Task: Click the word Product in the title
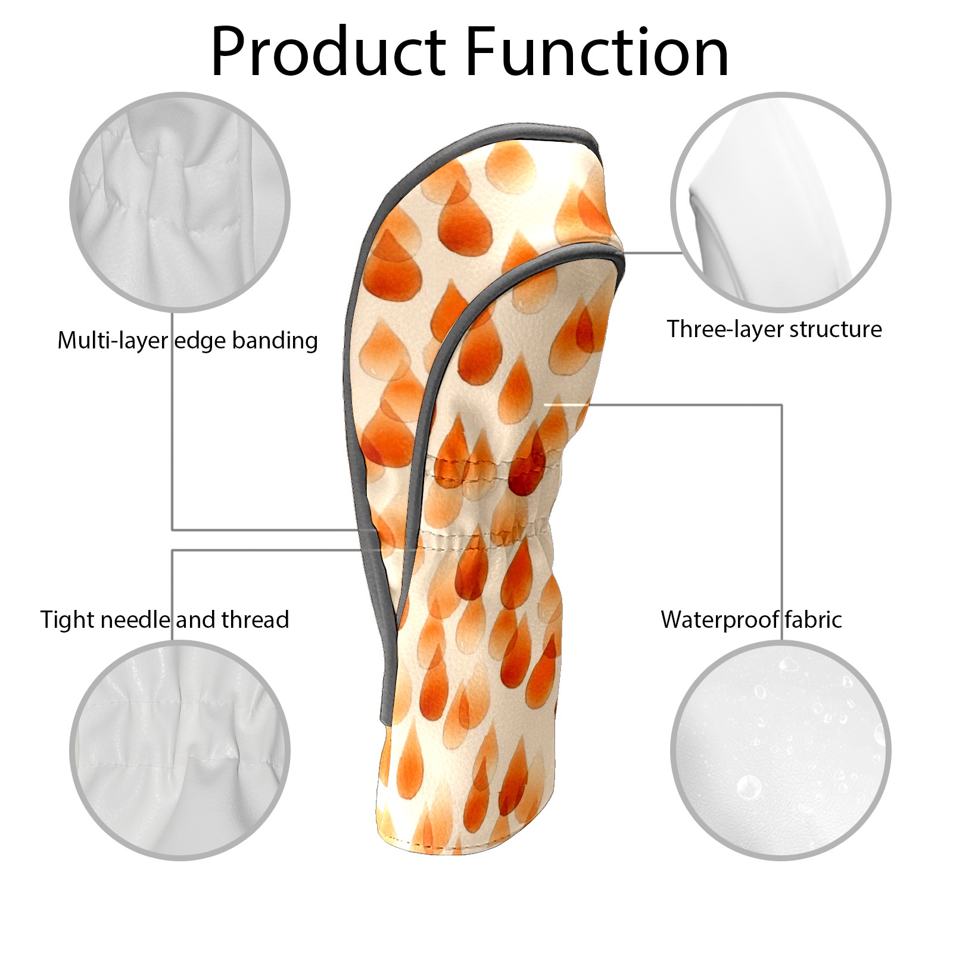click(328, 51)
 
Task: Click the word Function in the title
click(597, 51)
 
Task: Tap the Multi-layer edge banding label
click(187, 341)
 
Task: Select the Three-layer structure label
click(774, 329)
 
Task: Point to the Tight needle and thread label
click(164, 619)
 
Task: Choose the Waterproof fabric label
click(751, 619)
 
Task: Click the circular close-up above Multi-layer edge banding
click(180, 202)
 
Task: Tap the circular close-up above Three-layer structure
click(781, 202)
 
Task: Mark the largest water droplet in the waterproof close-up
click(749, 786)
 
